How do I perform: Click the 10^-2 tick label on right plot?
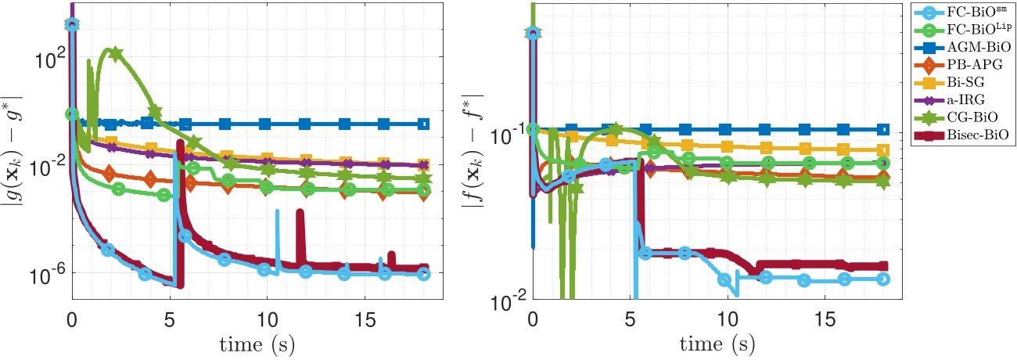pyautogui.click(x=506, y=298)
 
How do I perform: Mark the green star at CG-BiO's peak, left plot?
pyautogui.click(x=115, y=54)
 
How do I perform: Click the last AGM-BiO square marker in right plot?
pyautogui.click(x=883, y=129)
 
